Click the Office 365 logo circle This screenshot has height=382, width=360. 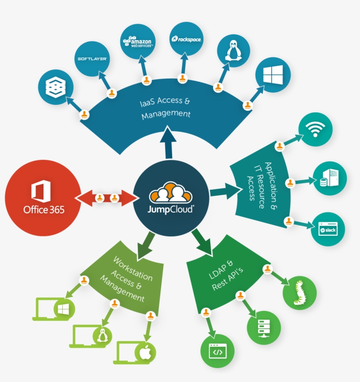tap(43, 198)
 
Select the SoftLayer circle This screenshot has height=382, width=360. tap(92, 58)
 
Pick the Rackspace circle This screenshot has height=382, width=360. tap(186, 39)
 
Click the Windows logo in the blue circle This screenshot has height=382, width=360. tap(273, 75)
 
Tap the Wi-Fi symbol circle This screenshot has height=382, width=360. tap(315, 130)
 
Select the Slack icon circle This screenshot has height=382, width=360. tap(328, 229)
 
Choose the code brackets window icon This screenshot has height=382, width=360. tap(217, 352)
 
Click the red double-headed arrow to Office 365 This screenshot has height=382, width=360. tap(107, 198)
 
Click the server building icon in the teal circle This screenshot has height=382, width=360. tap(329, 179)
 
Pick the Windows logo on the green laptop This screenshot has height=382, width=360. tap(64, 309)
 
